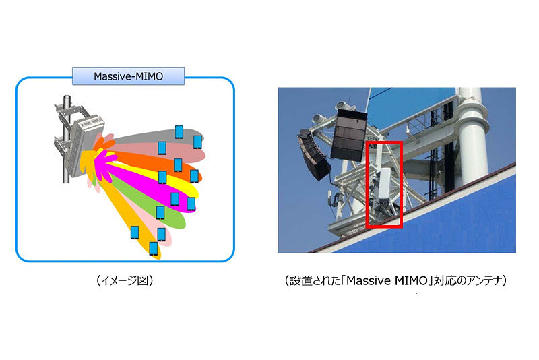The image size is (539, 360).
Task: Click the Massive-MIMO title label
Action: [x=128, y=76]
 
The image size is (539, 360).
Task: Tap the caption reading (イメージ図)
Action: [x=125, y=280]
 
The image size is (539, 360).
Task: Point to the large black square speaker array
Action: [x=348, y=135]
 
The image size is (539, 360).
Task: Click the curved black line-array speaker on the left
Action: [x=313, y=155]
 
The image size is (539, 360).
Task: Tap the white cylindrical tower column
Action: [x=473, y=138]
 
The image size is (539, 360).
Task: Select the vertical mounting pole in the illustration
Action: [x=67, y=138]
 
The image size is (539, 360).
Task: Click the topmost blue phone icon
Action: [x=179, y=132]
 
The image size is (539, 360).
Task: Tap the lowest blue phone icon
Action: [x=154, y=249]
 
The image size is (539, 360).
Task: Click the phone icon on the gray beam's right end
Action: [x=197, y=142]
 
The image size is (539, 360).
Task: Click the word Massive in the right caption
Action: [x=369, y=281]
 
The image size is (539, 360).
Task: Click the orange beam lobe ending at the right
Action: [x=155, y=165]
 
